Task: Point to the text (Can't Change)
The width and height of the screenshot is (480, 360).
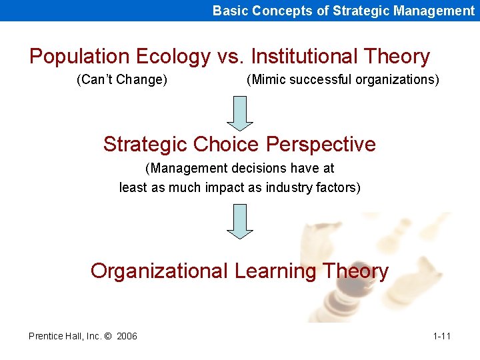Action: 122,80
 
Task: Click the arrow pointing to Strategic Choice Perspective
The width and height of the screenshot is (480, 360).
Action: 240,113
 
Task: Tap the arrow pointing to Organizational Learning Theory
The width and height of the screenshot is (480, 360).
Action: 240,221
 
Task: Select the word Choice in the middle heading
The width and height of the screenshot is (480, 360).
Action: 227,144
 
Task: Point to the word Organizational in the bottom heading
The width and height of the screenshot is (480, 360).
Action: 159,271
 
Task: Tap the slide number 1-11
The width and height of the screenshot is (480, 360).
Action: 441,336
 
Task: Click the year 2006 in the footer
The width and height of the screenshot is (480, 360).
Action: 127,336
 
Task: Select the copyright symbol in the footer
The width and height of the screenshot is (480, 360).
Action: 107,336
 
